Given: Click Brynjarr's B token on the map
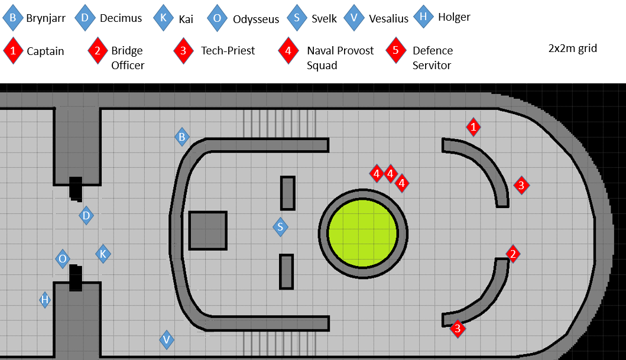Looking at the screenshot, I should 182,137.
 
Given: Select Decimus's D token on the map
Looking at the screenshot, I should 86,216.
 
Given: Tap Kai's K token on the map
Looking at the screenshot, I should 103,254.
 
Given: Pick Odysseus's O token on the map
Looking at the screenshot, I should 63,258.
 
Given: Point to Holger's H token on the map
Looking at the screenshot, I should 45,300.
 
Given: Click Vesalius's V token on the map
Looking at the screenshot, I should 167,339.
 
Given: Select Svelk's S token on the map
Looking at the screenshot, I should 280,227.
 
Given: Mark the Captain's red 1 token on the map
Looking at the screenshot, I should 473,127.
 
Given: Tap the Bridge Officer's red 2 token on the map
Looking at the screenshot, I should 513,254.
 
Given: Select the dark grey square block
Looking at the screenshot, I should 207,231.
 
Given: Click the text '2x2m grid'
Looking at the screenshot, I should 572,48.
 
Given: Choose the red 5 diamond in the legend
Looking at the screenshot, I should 395,51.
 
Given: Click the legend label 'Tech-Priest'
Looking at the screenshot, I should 228,51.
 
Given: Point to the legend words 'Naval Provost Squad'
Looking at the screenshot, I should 340,58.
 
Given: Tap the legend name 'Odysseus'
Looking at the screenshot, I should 255,20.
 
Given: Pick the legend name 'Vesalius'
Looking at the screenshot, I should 388,19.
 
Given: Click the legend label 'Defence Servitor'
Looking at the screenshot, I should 432,58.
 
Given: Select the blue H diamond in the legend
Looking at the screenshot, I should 423,17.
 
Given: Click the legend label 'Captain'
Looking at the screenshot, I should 45,51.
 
